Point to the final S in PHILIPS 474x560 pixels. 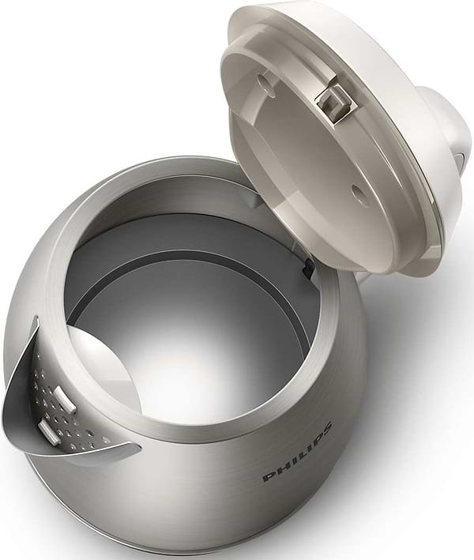click(324, 427)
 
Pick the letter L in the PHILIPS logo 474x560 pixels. click(296, 453)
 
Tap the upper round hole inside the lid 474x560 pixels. click(267, 85)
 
